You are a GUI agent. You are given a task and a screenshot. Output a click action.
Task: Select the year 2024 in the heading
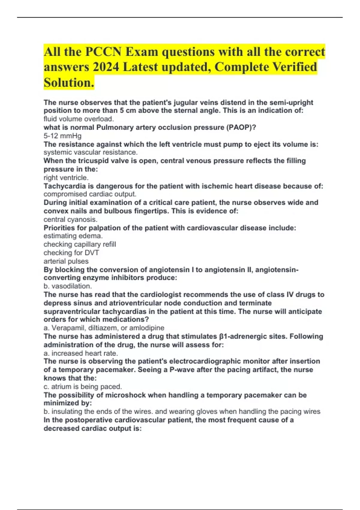point(106,67)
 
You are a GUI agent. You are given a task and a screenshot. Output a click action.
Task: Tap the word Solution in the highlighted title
point(69,82)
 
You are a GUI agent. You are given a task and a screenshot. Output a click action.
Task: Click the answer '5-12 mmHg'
point(62,136)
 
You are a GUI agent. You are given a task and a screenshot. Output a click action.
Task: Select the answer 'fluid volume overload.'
point(79,119)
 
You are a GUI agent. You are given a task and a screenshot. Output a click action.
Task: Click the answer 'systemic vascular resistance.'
point(91,152)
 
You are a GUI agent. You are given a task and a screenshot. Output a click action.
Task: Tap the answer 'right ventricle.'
point(66,178)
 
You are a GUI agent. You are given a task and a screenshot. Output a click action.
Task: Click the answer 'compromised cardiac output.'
point(90,194)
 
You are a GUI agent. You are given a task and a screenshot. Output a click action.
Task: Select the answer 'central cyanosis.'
point(70,219)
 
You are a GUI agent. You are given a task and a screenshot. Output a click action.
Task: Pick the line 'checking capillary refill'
point(80,244)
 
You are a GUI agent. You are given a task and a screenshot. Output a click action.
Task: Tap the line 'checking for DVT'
point(71,253)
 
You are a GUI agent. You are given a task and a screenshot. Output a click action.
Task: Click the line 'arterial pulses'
point(66,261)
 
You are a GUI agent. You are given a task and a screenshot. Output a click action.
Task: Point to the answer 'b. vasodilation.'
point(67,286)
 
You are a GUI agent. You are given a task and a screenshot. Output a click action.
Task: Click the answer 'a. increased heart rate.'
point(81,353)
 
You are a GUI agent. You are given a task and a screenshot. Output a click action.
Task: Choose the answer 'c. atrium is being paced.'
point(83,386)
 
